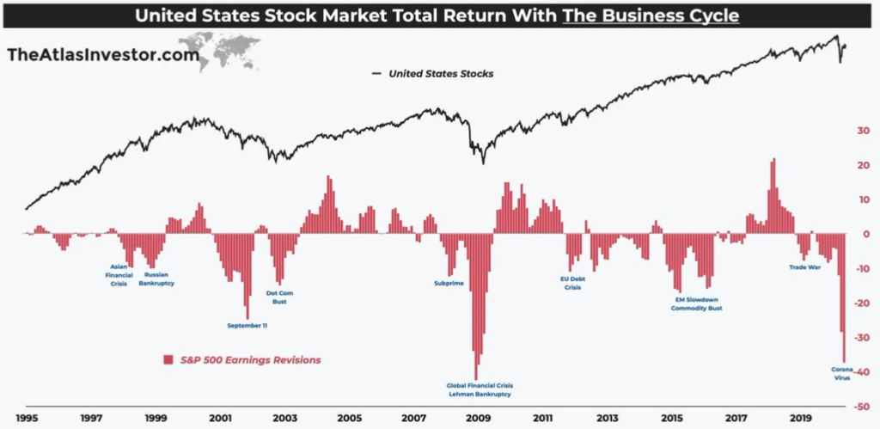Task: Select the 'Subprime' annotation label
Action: (x=449, y=282)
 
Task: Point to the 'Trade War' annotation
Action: (x=805, y=267)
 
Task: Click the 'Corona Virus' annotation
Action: (x=841, y=373)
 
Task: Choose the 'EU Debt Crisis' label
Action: (x=573, y=283)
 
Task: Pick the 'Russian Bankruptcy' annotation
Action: (x=156, y=279)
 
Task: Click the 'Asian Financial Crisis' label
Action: (x=119, y=275)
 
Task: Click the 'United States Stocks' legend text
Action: (x=441, y=74)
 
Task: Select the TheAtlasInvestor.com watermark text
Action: (x=102, y=54)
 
